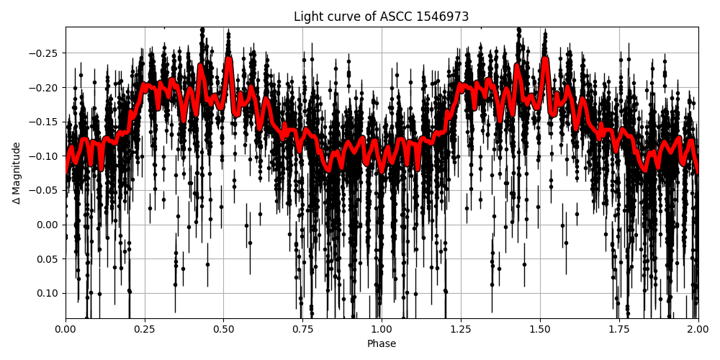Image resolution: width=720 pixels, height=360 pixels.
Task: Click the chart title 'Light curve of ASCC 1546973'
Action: click(381, 17)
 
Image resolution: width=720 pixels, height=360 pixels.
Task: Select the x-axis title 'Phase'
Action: click(381, 344)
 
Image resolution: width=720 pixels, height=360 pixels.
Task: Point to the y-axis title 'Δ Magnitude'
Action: click(17, 173)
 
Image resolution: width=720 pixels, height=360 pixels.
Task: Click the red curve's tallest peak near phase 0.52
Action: click(229, 60)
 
